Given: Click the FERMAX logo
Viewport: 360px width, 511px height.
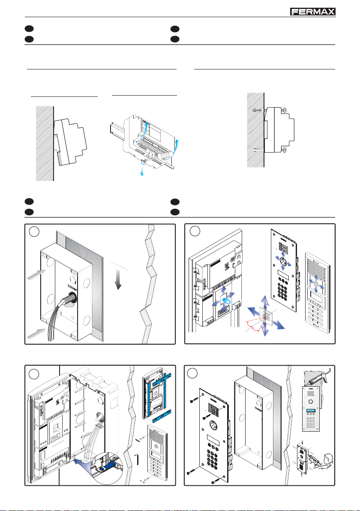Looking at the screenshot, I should (x=311, y=12).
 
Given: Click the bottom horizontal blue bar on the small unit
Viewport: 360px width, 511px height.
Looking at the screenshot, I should (x=157, y=415).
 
